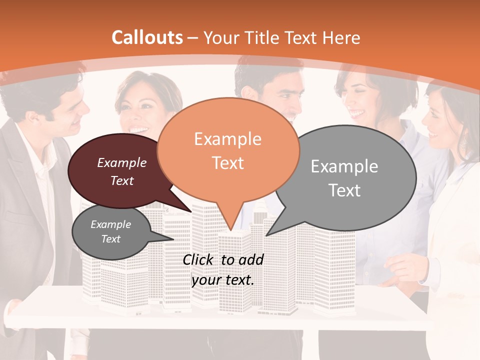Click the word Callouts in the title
tap(147, 37)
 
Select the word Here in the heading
tap(342, 38)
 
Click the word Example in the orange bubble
tap(227, 139)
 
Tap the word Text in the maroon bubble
tap(122, 181)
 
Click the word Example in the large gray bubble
tap(344, 166)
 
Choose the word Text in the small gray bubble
tap(111, 239)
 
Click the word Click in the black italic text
tap(199, 259)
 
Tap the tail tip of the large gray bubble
tap(267, 234)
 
